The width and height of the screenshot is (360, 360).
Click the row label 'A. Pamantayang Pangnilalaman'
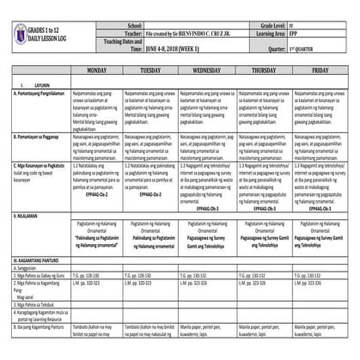[41, 101]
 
